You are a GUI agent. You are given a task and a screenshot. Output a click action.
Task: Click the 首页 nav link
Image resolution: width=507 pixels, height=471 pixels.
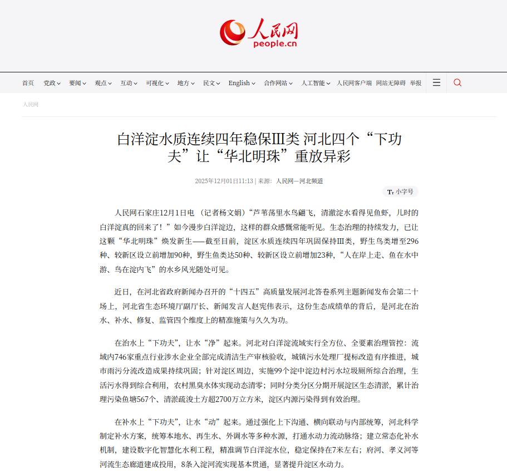tap(28, 83)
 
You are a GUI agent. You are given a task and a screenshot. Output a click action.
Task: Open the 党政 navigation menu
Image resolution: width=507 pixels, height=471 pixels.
tap(52, 83)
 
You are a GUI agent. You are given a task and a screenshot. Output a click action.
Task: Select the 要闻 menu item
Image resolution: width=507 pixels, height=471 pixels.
tap(77, 83)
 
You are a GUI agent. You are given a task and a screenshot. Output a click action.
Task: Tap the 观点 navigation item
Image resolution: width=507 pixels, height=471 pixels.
tap(103, 83)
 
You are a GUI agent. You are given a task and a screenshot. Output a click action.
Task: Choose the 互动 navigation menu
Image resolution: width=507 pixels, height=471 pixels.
tap(129, 83)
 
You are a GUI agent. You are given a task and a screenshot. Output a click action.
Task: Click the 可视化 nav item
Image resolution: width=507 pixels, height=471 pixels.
tap(157, 83)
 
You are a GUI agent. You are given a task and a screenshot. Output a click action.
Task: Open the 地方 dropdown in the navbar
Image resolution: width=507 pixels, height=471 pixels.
tap(185, 83)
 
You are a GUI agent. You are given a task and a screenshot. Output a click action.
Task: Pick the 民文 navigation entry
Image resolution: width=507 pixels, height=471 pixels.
tap(211, 83)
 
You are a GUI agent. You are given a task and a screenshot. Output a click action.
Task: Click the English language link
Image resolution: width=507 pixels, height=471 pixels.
tap(242, 83)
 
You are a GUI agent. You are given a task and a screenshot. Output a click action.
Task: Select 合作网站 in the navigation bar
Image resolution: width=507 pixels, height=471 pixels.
tap(278, 83)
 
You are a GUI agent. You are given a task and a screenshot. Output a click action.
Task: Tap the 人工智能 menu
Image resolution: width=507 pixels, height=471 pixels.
tap(316, 83)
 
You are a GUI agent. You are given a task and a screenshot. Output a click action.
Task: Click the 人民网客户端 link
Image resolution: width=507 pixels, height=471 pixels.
tap(354, 83)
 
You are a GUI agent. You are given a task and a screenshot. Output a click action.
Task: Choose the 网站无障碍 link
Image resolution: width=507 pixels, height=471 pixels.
tap(390, 83)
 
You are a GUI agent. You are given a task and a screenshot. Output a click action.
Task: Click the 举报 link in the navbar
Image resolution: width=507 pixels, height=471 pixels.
tap(416, 83)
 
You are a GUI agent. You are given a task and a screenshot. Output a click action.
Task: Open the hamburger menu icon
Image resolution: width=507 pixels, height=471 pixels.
tap(436, 82)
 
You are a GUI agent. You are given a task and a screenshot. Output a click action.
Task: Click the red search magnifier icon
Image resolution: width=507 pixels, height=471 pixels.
tap(457, 82)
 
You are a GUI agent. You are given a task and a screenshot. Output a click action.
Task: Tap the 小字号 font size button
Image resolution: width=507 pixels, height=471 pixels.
tap(400, 192)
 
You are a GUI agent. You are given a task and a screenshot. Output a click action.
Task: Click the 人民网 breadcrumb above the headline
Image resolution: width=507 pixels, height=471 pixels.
tap(31, 104)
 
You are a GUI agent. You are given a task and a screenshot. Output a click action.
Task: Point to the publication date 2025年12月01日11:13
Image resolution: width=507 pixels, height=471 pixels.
tap(224, 181)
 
